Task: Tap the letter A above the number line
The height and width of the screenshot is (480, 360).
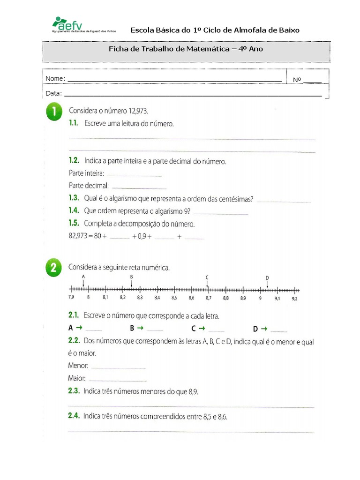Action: coord(83,277)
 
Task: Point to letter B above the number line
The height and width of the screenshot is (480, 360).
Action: coord(132,277)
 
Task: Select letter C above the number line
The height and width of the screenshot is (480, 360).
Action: coord(207,277)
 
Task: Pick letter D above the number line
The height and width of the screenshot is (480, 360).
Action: coord(267,278)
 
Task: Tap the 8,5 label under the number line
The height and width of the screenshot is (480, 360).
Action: coord(174,298)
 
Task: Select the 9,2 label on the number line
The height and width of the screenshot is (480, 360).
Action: coord(294,298)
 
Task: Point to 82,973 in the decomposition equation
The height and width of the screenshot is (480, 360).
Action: coord(78,237)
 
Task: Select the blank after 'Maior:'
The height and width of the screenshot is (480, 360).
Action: coord(117,379)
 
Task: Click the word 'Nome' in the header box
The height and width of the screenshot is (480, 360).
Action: coord(54,79)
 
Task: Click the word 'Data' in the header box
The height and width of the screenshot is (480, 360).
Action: coord(52,93)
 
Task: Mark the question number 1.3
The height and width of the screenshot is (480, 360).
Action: coord(74,199)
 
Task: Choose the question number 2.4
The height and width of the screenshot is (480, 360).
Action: coord(75,416)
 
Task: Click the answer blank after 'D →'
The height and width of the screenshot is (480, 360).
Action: coord(278,330)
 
